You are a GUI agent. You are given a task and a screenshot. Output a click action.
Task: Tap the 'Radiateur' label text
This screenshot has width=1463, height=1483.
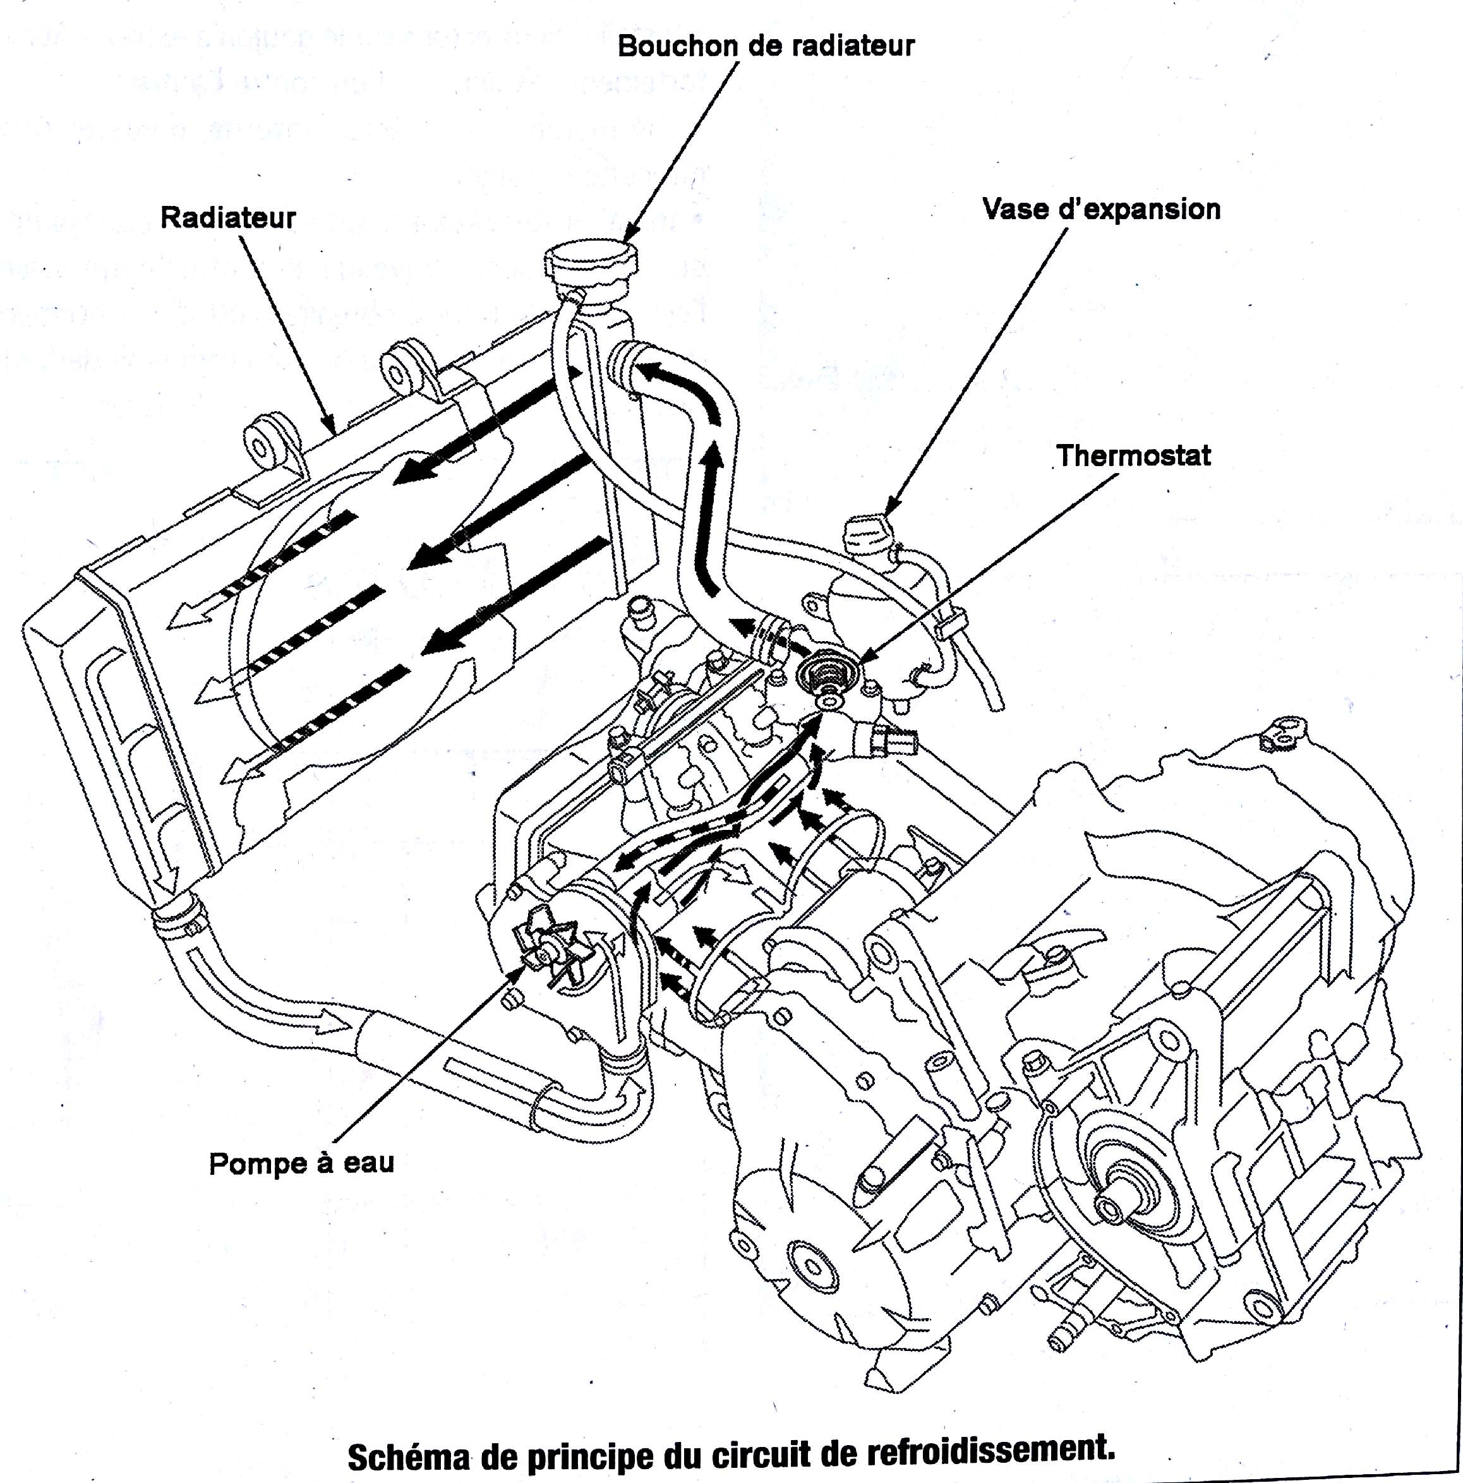(228, 218)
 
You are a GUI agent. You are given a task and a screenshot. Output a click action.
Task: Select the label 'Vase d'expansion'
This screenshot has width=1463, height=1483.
(1100, 210)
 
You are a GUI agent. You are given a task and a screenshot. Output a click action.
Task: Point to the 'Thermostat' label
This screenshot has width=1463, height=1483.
(1133, 456)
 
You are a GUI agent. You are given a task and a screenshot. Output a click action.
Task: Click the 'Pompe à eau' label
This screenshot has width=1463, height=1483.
(302, 1163)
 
